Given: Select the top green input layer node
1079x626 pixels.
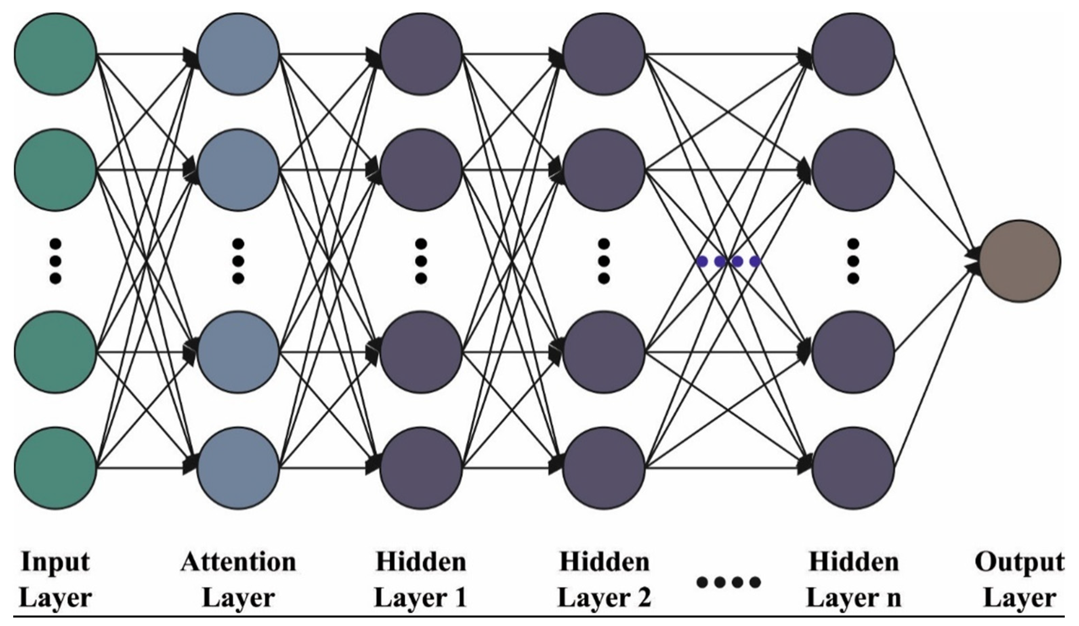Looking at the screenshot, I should [x=55, y=54].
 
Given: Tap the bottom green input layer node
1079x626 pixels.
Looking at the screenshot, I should [x=55, y=468].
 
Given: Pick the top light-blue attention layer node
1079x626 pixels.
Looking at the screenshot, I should [x=238, y=54].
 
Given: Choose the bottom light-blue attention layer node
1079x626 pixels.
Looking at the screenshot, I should [x=238, y=468].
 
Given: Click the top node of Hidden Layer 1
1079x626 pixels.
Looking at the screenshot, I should [x=421, y=54].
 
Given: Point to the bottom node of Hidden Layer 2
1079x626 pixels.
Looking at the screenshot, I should [x=604, y=468].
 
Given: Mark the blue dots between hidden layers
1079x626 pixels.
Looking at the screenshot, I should [x=728, y=261].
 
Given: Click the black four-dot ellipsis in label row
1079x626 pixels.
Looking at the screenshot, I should [x=728, y=582].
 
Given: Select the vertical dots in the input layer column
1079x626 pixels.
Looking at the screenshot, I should [x=55, y=261].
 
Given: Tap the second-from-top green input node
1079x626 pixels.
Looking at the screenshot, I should [x=55, y=170].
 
